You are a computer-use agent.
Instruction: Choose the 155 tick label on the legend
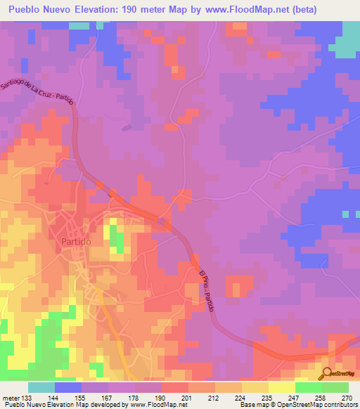tap(80, 397)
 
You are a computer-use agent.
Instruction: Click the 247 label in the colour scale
tap(293, 397)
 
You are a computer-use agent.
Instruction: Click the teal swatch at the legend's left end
tap(41, 387)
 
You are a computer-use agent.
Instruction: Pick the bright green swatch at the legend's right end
tap(335, 387)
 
